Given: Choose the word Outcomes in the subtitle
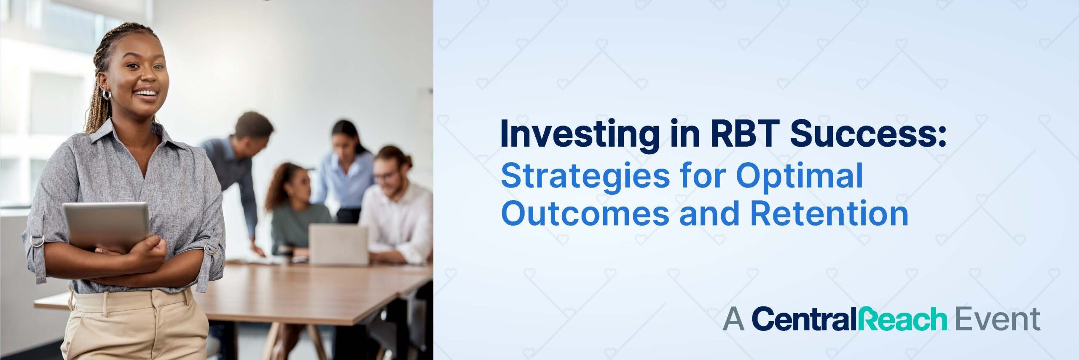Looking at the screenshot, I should [585, 213].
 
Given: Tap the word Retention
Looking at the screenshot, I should [829, 213].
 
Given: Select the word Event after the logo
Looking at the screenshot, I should [997, 319].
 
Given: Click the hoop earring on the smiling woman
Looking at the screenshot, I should [107, 94].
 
